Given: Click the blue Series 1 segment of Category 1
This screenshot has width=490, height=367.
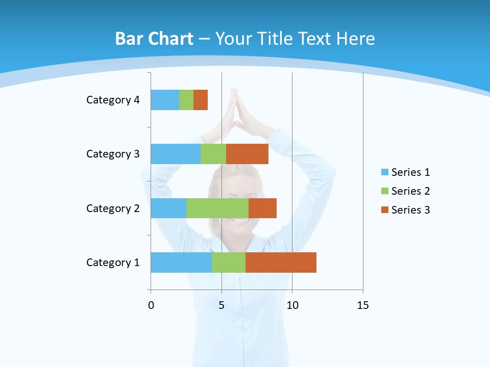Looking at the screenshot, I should (181, 263).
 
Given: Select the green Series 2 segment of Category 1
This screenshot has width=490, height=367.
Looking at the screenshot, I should (229, 263).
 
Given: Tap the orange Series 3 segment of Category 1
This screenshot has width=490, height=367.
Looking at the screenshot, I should (281, 263).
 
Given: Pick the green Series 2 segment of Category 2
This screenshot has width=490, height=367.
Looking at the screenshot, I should (217, 208).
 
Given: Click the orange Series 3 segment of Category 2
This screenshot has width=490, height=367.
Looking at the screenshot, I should (262, 208).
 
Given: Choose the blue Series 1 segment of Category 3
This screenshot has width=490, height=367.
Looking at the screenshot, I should (176, 154).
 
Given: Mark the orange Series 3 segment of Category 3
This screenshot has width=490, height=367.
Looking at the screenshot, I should (247, 154).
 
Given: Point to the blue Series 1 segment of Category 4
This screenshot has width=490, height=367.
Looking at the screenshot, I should (165, 100).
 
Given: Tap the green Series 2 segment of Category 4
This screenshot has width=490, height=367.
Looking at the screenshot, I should (186, 100).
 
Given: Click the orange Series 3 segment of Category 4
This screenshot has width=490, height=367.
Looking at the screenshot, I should (201, 100).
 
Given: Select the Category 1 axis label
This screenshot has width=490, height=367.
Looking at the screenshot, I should (113, 263).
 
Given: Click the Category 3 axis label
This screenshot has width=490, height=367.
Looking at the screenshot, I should (113, 154).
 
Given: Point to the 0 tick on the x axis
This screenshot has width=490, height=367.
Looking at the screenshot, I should (151, 305).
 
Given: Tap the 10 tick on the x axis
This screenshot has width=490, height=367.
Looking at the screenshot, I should (292, 305).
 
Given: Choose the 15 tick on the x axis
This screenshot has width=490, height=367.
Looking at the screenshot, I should (362, 305).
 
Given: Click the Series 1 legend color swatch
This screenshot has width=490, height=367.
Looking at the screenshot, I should (384, 172).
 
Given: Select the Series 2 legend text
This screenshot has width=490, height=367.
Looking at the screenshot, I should (410, 191).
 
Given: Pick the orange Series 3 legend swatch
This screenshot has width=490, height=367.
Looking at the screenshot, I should (384, 210).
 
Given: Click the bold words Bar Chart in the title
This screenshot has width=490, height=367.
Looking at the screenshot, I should (154, 39).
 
